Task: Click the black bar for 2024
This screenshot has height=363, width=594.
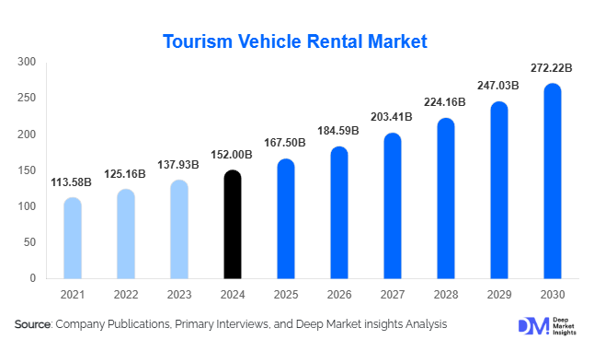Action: click(x=233, y=224)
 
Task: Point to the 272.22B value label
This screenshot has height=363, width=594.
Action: click(x=553, y=68)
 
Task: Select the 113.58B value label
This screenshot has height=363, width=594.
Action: click(x=73, y=181)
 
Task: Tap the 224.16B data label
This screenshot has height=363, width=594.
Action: click(x=446, y=102)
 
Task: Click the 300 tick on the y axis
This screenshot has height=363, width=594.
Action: click(x=27, y=63)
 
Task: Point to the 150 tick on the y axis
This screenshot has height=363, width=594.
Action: click(x=27, y=170)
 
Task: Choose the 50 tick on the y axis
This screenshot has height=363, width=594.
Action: click(x=29, y=242)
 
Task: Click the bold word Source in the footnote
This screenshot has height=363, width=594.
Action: click(x=33, y=324)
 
